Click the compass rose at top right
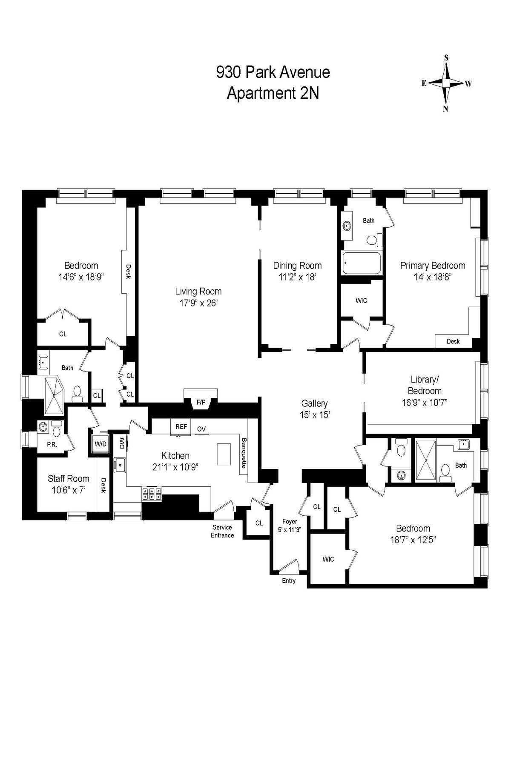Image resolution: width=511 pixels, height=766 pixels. [x=446, y=83]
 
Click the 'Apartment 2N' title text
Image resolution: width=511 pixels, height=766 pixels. [x=273, y=93]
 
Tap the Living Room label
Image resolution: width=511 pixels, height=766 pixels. [x=198, y=292]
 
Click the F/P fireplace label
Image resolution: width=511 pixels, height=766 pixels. [x=201, y=402]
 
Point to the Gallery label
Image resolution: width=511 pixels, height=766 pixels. [x=314, y=403]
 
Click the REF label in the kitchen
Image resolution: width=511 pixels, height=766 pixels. [x=181, y=426]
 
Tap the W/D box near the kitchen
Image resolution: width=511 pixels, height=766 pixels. [x=100, y=444]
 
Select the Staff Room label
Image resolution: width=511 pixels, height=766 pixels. [x=69, y=479]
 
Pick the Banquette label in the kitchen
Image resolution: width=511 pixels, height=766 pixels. [x=244, y=453]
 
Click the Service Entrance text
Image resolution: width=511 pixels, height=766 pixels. [x=222, y=531]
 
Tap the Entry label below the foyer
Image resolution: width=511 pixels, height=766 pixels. [x=289, y=581]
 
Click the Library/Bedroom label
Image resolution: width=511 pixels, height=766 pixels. [x=425, y=385]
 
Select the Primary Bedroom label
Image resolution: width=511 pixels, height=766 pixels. [x=432, y=266]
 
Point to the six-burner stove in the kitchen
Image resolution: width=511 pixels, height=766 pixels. [x=152, y=494]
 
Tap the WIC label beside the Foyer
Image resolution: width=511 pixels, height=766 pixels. [x=328, y=559]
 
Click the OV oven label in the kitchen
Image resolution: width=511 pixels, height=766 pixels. [x=201, y=429]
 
